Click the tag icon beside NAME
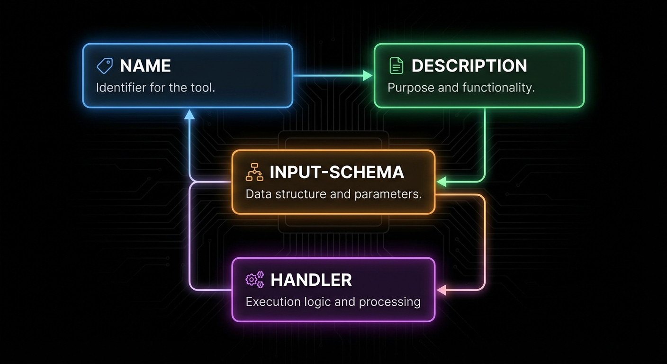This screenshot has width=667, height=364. (x=105, y=66)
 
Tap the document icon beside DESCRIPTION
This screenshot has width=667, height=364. (x=396, y=66)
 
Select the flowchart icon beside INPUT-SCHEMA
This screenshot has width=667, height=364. (x=254, y=172)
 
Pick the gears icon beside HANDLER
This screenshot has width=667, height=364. (x=254, y=280)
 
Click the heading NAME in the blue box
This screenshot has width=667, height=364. (x=145, y=66)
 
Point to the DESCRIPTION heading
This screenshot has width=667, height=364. (x=469, y=66)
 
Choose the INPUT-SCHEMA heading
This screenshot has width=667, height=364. (x=337, y=172)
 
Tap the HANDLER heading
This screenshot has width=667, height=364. (x=311, y=280)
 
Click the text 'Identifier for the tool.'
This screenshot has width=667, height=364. (x=155, y=88)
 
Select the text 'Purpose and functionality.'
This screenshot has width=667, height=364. (x=461, y=88)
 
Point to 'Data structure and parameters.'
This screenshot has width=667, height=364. (x=333, y=194)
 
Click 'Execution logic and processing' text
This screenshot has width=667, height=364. (x=333, y=302)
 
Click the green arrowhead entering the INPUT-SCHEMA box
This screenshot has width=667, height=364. (x=441, y=182)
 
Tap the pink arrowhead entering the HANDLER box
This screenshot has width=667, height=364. (x=441, y=290)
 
